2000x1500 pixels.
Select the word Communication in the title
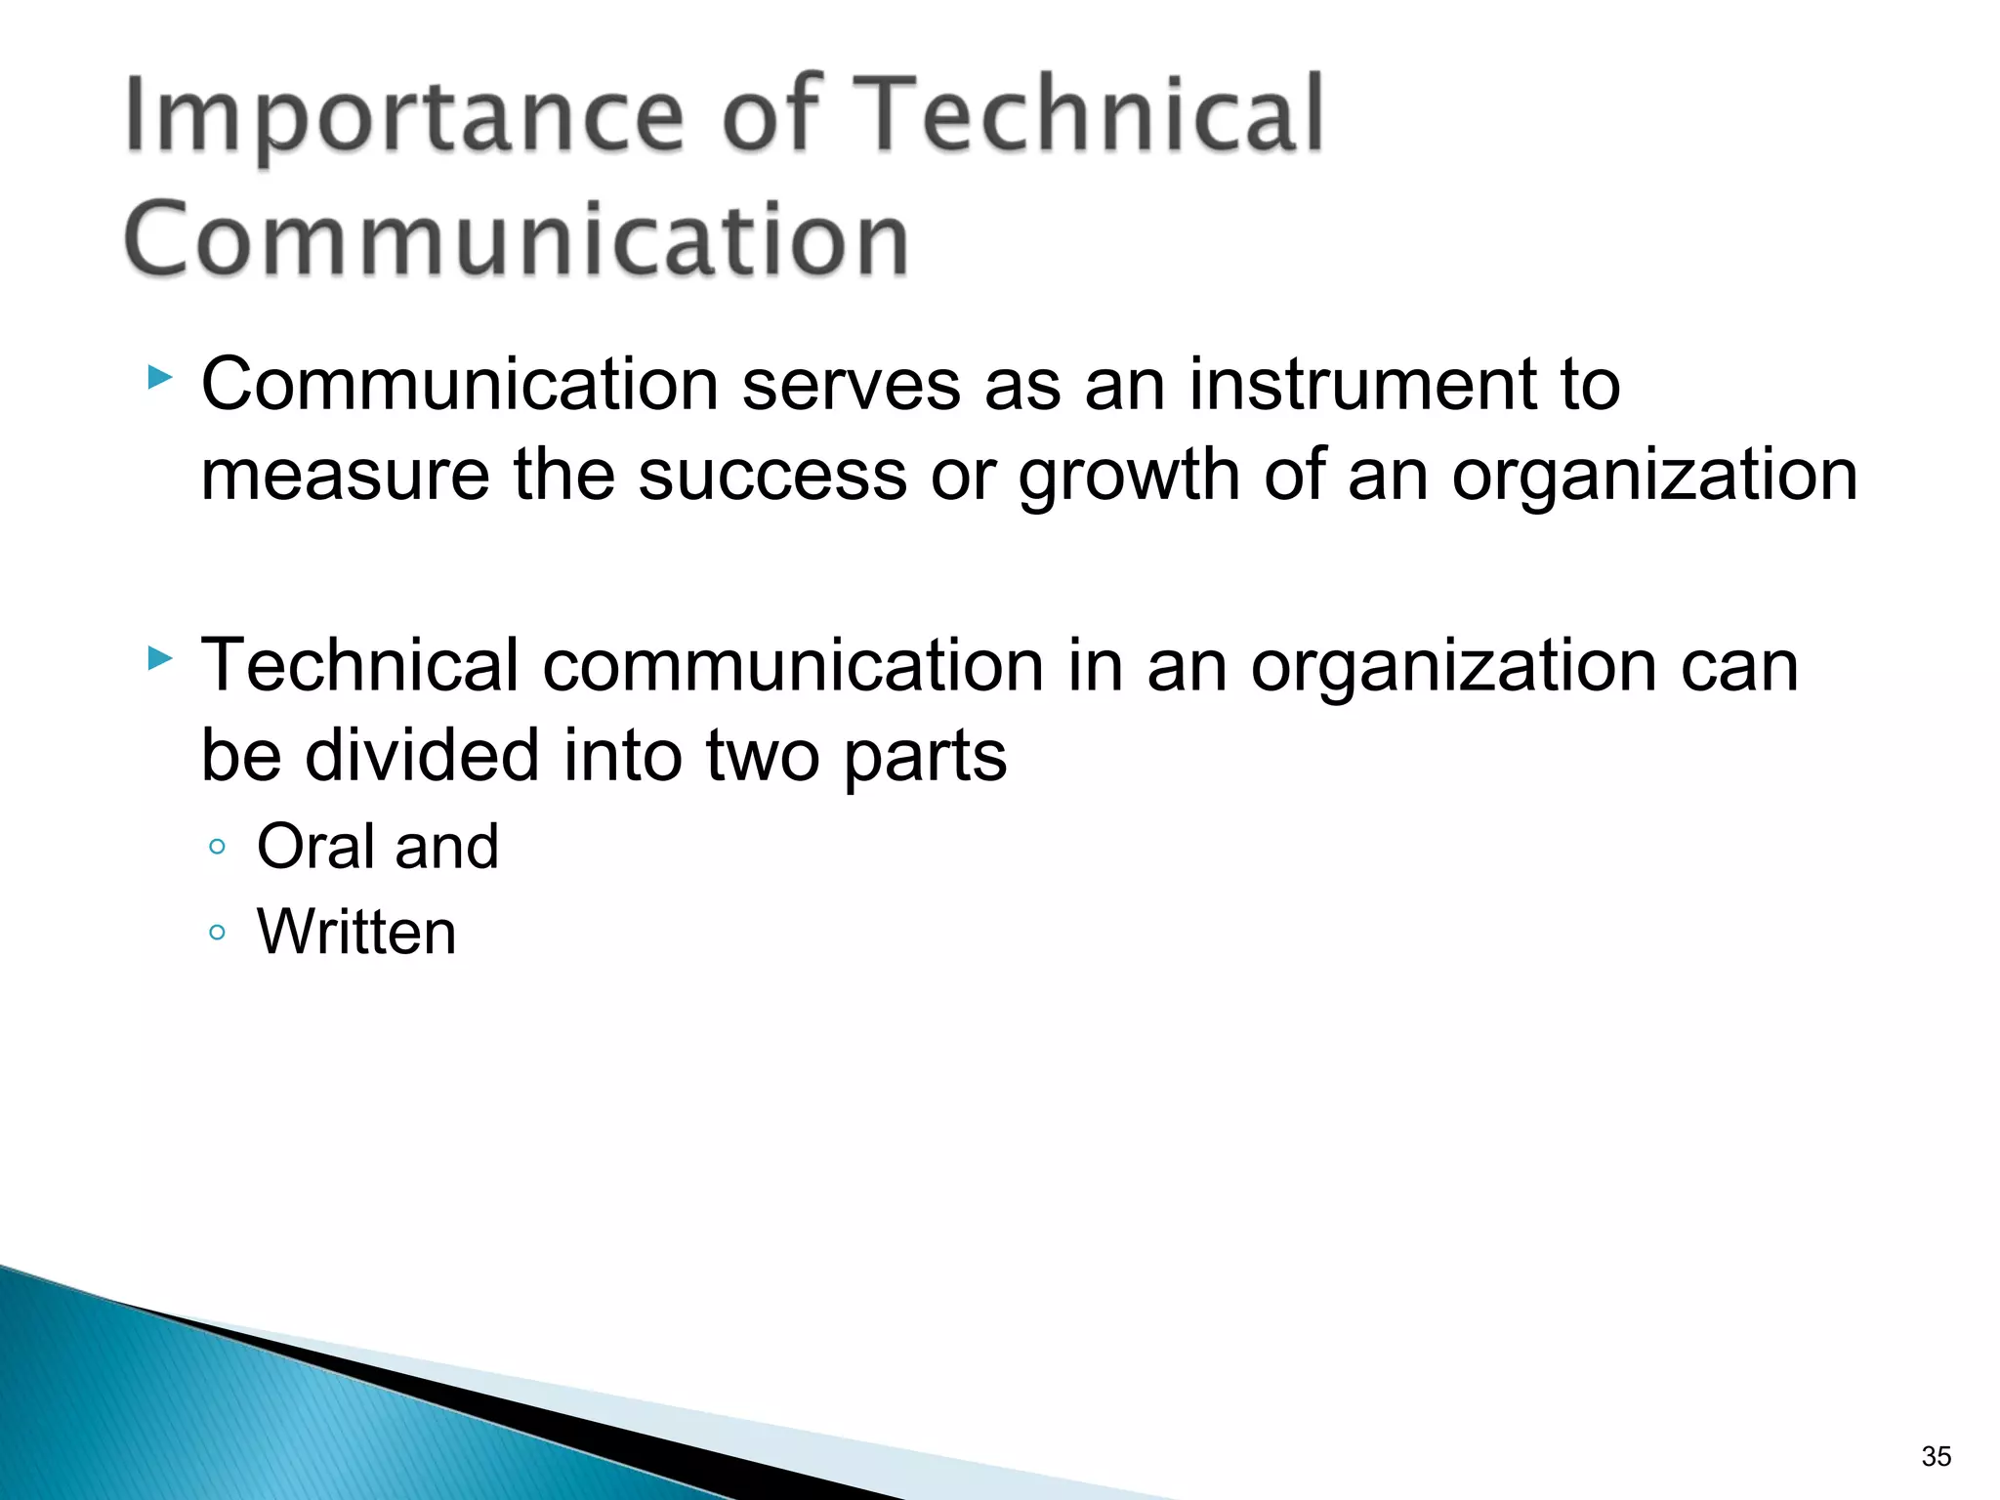click(x=517, y=240)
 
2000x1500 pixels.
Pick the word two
click(x=763, y=757)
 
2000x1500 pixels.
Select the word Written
click(x=356, y=932)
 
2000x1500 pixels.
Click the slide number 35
click(x=1936, y=1456)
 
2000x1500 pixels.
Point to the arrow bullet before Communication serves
click(x=159, y=378)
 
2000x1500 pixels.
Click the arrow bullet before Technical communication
click(x=159, y=659)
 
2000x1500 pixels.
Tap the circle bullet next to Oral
click(x=217, y=847)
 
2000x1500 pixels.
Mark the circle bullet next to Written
click(x=217, y=933)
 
